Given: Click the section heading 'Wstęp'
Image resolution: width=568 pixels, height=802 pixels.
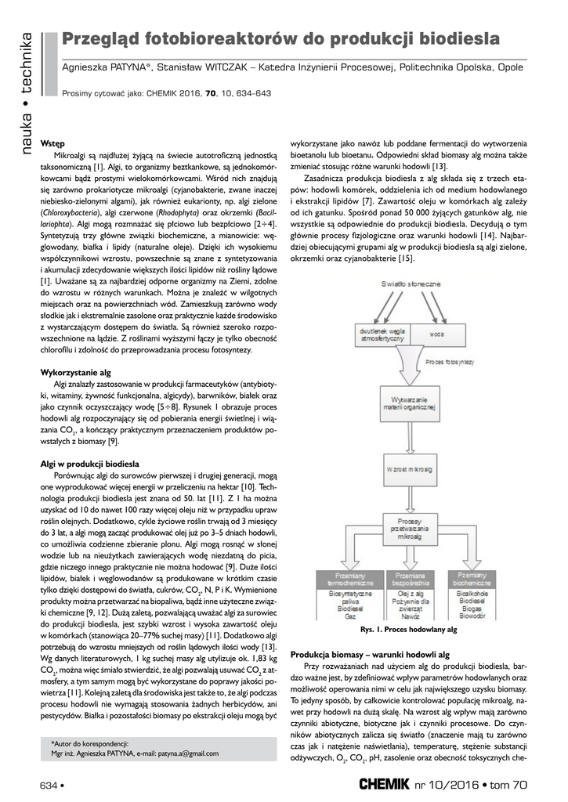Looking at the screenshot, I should click(x=52, y=146).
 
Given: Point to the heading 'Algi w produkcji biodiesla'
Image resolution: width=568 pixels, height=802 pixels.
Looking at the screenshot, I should click(x=89, y=464).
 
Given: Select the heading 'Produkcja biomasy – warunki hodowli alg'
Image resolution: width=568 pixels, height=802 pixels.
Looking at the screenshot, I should click(x=370, y=654).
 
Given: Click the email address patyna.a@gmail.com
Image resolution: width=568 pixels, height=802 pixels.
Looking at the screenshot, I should click(x=183, y=753).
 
